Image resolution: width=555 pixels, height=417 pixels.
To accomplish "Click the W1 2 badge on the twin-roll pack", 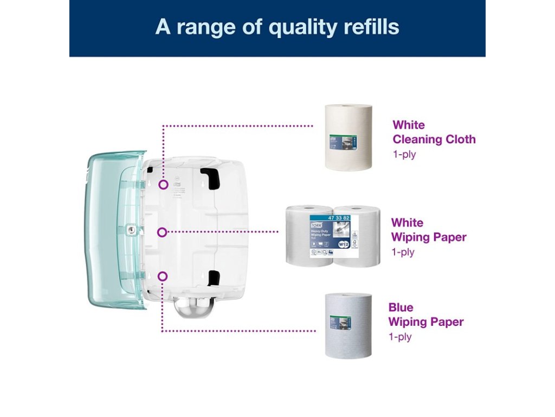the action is [344, 244].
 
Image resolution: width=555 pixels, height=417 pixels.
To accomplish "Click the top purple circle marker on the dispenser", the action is [163, 185].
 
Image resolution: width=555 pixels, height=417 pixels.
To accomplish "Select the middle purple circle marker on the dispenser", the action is [162, 232].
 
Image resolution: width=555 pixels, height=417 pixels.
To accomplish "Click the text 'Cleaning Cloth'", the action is [434, 140].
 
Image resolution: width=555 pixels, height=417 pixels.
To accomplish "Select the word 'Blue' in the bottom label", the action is [401, 307].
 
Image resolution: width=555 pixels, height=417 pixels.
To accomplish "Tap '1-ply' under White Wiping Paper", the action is [403, 252].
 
